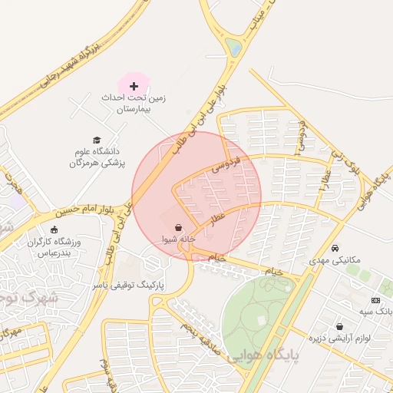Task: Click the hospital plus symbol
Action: click(x=134, y=85)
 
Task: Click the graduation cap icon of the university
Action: click(x=97, y=140)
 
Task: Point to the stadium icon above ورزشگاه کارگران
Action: click(x=54, y=229)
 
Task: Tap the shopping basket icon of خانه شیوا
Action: click(x=179, y=227)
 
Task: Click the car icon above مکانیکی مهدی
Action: click(x=336, y=248)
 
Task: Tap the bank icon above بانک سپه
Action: click(x=375, y=300)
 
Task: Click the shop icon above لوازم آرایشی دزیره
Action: click(x=339, y=327)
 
